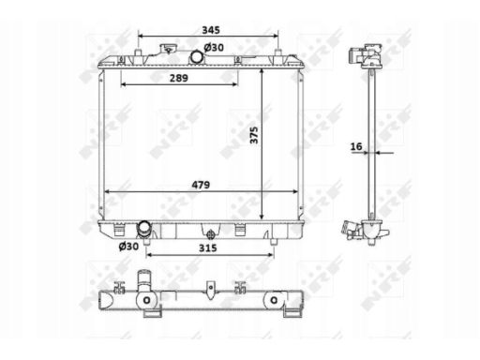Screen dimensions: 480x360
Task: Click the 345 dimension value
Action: (211, 30)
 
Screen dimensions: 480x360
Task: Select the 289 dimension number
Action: (179, 78)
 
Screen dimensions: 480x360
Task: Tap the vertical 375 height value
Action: (254, 135)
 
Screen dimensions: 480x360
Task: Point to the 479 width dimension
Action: (201, 185)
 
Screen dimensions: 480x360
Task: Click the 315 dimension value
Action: (208, 248)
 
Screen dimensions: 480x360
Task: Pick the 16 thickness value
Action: (356, 146)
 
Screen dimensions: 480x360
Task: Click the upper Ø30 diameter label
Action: (214, 48)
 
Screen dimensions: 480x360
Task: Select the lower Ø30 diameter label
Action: (128, 247)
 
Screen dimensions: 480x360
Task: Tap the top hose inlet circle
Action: (197, 56)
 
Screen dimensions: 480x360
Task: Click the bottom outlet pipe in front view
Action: (144, 229)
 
